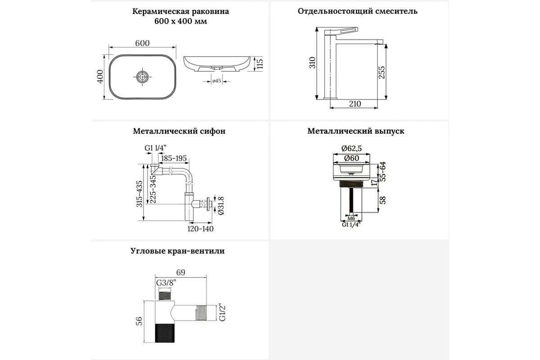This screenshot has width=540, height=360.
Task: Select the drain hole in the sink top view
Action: pyautogui.click(x=143, y=77)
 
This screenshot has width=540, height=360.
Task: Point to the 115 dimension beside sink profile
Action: pyautogui.click(x=259, y=63)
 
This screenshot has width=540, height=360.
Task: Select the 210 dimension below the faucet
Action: pyautogui.click(x=355, y=103)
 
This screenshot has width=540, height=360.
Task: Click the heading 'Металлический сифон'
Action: pyautogui.click(x=179, y=131)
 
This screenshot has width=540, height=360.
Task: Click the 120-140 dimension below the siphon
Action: pyautogui.click(x=200, y=229)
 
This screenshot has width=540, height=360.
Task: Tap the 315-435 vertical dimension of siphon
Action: pyautogui.click(x=139, y=193)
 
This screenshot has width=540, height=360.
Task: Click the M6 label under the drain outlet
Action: pyautogui.click(x=351, y=219)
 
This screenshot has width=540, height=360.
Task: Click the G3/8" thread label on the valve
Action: pyautogui.click(x=166, y=283)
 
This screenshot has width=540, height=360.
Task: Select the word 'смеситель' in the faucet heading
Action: pyautogui.click(x=396, y=11)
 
